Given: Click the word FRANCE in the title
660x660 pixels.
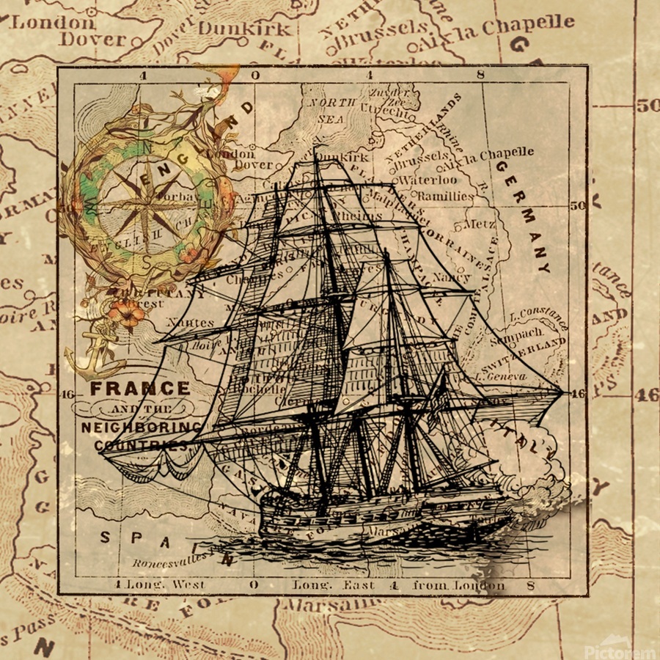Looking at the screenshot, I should point(139,389).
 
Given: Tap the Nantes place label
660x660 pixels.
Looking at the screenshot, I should point(190,321).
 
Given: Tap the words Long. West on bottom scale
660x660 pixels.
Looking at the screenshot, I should point(166,584).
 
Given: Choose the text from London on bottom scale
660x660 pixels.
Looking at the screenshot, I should point(459,584).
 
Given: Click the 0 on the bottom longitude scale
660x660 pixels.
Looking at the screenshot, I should point(254,585).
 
